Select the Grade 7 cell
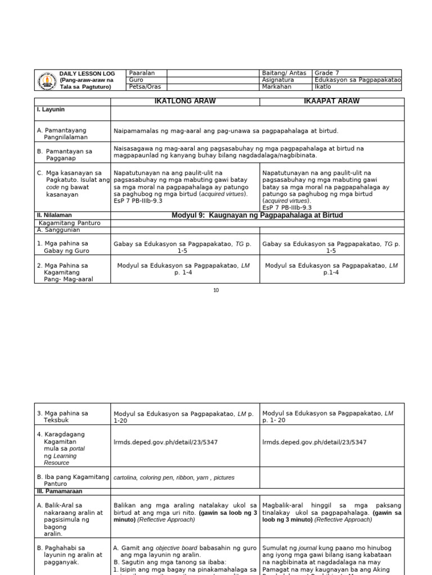coord(327,73)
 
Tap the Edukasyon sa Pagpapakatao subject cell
coord(358,80)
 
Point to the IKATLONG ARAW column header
coord(184,101)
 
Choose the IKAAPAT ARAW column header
coord(331,101)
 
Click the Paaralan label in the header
coord(142,73)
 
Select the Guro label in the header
coord(136,80)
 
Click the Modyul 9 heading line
coord(257,216)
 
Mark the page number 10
coord(216,290)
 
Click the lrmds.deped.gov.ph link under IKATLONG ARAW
coord(165,442)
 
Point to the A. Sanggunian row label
coord(56,230)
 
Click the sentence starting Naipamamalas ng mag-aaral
coord(226,131)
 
